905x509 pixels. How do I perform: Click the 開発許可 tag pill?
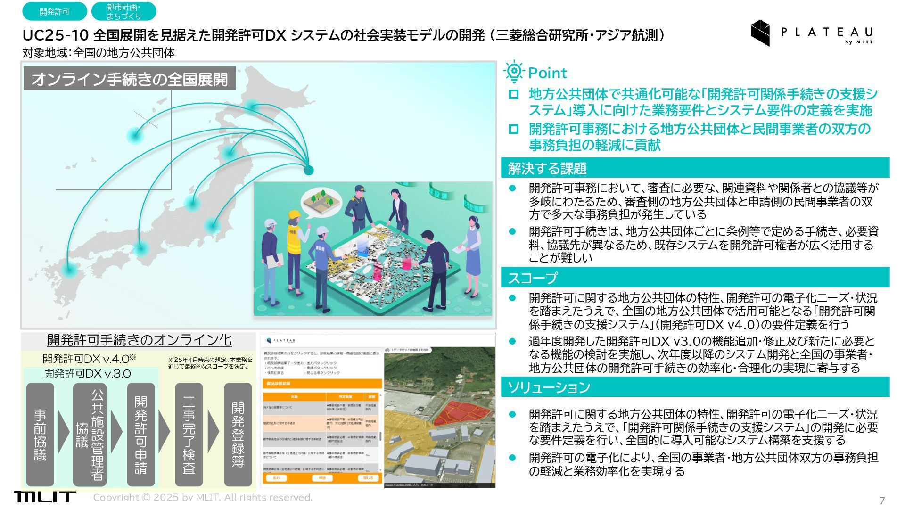coord(54,12)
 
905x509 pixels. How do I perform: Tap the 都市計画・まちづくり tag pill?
coord(123,12)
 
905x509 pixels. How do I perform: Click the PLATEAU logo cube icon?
coord(760,32)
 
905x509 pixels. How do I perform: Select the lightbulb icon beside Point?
coord(513,72)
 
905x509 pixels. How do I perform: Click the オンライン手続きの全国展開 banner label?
coord(129,79)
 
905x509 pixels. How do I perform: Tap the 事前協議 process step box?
coord(40,434)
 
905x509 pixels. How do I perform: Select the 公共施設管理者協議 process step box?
coord(90,434)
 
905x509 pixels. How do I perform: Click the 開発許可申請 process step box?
coord(140,434)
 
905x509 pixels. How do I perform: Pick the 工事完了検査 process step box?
coord(189,434)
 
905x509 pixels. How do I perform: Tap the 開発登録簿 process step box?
coord(238,434)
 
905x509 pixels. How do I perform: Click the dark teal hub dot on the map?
coord(309,170)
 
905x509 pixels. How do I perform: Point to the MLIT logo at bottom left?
coord(44,497)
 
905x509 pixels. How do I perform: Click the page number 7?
coord(882,501)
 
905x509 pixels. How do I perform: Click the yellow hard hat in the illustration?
coord(294,215)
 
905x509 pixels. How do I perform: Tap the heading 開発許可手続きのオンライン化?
coord(140,340)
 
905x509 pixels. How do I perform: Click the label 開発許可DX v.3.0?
coord(88,374)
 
